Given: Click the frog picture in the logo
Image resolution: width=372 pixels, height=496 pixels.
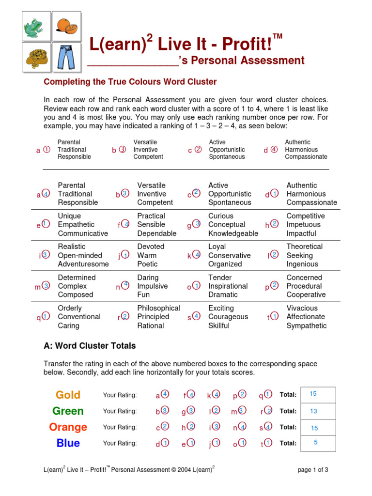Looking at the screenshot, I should pos(37,26).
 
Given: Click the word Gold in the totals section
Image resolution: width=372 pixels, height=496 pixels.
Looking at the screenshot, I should pos(68,395).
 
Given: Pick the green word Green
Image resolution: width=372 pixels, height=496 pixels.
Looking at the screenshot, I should pos(68,411).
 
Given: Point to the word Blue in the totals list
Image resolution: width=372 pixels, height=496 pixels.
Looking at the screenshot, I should pos(68,443).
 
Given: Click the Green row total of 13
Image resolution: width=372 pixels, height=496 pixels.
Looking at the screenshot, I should pos(313,411).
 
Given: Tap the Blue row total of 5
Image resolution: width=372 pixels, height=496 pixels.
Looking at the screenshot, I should pos(316,442).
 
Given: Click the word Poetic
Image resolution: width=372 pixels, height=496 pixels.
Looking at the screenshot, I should pos(147,264).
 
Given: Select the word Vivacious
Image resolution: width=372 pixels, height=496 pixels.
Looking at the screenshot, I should pos(302,308).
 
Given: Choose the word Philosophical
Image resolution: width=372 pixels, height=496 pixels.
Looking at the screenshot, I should pos(158,308).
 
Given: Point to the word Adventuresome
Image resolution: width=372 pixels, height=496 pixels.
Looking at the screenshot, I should pos(80,264).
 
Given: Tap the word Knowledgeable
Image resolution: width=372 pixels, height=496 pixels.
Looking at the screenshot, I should pos(233,233).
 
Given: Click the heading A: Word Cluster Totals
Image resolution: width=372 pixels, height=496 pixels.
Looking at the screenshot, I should pos(90,346).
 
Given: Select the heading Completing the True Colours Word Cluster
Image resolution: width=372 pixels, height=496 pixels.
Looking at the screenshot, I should pos(130,82).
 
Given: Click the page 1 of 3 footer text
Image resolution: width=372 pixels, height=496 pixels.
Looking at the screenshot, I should pos(312,470).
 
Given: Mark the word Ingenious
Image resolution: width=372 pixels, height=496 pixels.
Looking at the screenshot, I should pos(302,264).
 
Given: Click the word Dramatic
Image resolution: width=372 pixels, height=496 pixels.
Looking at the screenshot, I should pos(223,294).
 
